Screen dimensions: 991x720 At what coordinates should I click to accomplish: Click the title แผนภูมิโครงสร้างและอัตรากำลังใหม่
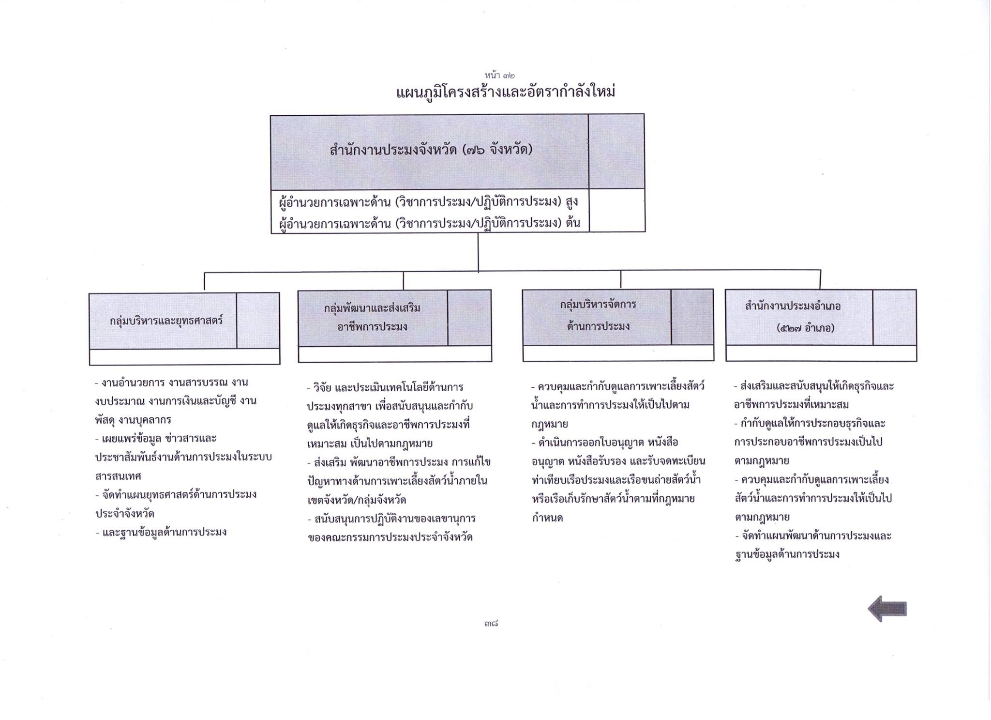click(505, 92)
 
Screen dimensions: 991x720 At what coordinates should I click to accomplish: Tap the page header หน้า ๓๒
click(499, 75)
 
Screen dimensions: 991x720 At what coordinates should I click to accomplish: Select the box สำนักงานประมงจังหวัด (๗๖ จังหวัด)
click(457, 173)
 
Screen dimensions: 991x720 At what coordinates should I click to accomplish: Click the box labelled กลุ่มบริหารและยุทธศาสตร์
click(184, 328)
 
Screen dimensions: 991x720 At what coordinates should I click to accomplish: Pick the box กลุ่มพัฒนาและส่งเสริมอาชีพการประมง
click(395, 326)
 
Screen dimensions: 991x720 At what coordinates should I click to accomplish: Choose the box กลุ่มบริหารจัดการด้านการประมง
click(618, 325)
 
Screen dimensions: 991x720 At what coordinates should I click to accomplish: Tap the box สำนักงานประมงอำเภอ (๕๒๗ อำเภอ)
click(821, 325)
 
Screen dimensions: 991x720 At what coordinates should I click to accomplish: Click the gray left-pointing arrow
click(887, 609)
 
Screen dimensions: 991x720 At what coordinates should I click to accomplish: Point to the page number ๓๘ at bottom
click(491, 624)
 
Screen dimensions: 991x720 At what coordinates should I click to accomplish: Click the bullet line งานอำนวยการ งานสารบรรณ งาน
click(172, 383)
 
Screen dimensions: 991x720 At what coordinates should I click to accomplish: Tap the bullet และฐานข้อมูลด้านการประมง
click(161, 533)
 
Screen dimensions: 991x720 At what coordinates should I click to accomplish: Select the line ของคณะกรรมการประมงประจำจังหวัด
click(390, 537)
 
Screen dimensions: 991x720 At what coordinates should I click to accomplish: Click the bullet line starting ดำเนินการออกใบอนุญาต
click(605, 443)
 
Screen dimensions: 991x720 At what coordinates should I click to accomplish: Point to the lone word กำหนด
click(547, 518)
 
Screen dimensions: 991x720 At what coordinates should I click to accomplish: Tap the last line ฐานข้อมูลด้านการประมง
click(787, 555)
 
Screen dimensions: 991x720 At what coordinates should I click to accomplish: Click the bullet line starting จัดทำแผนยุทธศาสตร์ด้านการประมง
click(176, 495)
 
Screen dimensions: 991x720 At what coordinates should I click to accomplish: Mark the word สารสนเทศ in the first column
click(118, 476)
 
